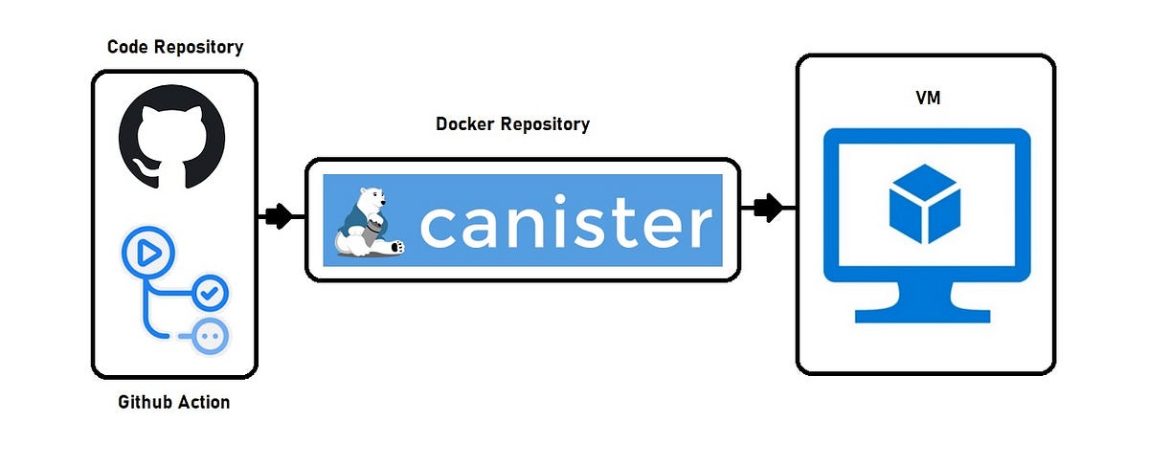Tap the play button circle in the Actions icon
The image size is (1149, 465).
[147, 254]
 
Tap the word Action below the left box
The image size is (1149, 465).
[204, 402]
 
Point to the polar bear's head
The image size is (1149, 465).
[371, 199]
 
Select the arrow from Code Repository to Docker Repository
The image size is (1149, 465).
[279, 216]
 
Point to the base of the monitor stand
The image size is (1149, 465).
[925, 315]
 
